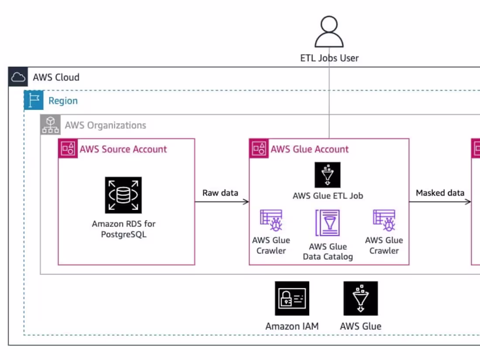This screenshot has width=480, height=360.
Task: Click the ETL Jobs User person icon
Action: point(329,32)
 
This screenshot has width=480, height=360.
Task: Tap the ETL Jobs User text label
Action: point(329,58)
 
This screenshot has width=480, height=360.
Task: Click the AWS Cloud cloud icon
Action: point(18,77)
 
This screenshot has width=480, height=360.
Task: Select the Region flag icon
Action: point(34,100)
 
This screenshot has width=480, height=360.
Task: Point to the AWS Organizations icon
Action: point(50,125)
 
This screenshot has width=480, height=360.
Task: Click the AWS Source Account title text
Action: point(123,149)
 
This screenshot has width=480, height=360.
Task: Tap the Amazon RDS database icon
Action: point(123,195)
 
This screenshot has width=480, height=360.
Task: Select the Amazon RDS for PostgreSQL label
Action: point(123,229)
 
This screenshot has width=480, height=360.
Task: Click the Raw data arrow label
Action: point(220,193)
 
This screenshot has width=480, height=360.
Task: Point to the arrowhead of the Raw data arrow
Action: point(247,202)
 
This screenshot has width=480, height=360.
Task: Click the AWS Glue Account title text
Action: point(309,149)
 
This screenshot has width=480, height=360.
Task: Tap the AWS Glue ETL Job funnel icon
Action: point(328,175)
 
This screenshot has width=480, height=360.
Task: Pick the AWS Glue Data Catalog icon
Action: point(327,223)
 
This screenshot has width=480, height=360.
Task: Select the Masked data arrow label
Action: point(439,193)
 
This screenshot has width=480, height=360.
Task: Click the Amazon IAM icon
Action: point(292,298)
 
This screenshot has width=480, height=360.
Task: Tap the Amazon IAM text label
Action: point(292,326)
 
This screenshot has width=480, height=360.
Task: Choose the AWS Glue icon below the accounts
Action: point(360,298)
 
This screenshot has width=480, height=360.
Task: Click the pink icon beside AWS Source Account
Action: point(68,149)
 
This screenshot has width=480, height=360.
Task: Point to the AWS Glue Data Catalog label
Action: point(328,252)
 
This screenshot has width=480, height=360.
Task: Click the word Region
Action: point(63,101)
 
